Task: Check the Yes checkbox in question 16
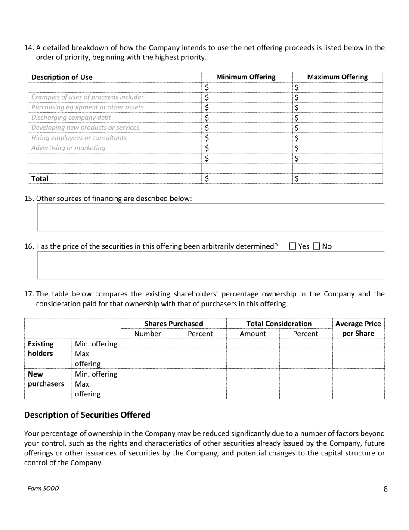(293, 246)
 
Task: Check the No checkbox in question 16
(317, 246)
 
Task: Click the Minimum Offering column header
(246, 77)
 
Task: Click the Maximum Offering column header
(338, 77)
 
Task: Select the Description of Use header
(62, 77)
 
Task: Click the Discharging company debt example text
(71, 118)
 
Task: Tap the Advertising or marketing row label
(68, 148)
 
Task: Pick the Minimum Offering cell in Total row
(247, 178)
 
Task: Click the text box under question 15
(211, 218)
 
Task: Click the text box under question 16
(211, 265)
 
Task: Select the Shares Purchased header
(174, 324)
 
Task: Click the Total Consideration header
(279, 324)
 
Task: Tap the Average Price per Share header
(358, 328)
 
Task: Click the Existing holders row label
(41, 349)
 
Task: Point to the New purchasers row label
(46, 379)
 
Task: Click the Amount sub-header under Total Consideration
(253, 334)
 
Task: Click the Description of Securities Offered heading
(87, 415)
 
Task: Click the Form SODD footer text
(43, 489)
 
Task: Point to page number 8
(385, 489)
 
